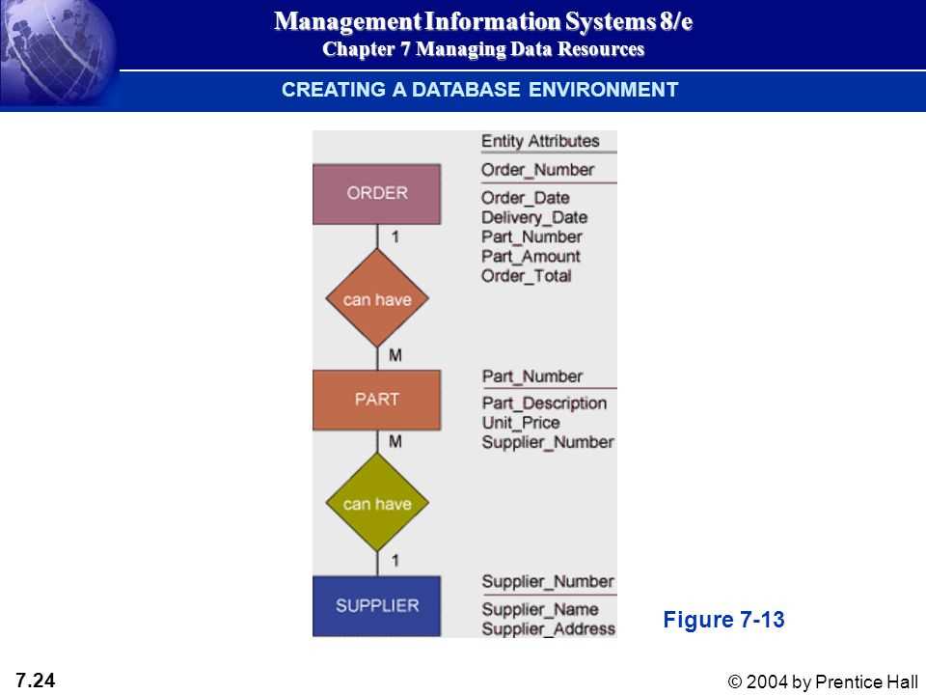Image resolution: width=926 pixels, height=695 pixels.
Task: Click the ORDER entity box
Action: [377, 194]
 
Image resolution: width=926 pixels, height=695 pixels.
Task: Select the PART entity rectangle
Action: [377, 400]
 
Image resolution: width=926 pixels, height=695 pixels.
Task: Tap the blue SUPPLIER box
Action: [377, 606]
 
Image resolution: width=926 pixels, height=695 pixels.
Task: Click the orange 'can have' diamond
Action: [377, 298]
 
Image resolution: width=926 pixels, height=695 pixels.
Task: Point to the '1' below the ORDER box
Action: [395, 237]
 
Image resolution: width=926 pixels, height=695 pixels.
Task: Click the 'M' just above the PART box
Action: [395, 355]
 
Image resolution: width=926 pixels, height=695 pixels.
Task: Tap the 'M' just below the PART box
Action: [395, 441]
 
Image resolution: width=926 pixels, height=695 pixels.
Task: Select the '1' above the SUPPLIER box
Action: [395, 560]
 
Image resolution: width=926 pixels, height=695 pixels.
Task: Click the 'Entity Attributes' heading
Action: [540, 141]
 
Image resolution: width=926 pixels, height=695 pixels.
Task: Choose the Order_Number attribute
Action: [538, 170]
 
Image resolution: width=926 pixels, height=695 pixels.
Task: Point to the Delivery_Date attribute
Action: [534, 217]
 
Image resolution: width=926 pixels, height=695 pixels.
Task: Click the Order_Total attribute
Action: [527, 276]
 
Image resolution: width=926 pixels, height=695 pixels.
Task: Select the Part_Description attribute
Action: [544, 403]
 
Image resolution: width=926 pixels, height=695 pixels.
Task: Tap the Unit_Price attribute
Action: [521, 423]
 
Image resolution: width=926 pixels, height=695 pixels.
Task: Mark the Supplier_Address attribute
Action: [549, 628]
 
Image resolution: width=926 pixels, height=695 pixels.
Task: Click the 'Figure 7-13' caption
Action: [723, 620]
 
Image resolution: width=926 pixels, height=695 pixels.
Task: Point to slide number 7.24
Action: [36, 681]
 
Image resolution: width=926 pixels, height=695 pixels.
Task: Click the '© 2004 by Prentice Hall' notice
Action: [823, 681]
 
